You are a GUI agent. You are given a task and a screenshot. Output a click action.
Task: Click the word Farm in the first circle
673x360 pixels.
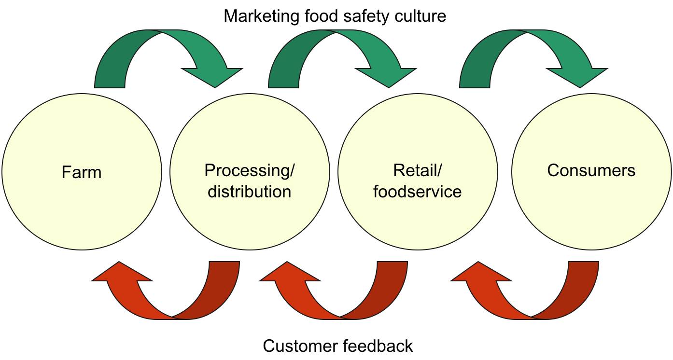[x=82, y=172]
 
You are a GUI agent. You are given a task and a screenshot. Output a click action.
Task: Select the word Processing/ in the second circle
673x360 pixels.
[x=249, y=170]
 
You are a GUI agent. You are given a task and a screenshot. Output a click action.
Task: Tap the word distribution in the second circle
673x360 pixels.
[x=249, y=192]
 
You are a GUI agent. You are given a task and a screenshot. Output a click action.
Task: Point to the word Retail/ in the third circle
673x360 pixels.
[x=418, y=170]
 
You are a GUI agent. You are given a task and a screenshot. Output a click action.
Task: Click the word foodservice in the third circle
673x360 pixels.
[x=418, y=192]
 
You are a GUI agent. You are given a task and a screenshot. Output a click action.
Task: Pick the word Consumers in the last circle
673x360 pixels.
[x=591, y=170]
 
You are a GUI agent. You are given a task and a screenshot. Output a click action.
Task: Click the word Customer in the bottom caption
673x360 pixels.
[x=300, y=346]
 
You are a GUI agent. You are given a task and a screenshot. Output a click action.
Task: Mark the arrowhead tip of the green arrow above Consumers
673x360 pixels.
[x=579, y=87]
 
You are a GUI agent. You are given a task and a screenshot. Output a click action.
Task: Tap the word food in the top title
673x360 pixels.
[x=326, y=16]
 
